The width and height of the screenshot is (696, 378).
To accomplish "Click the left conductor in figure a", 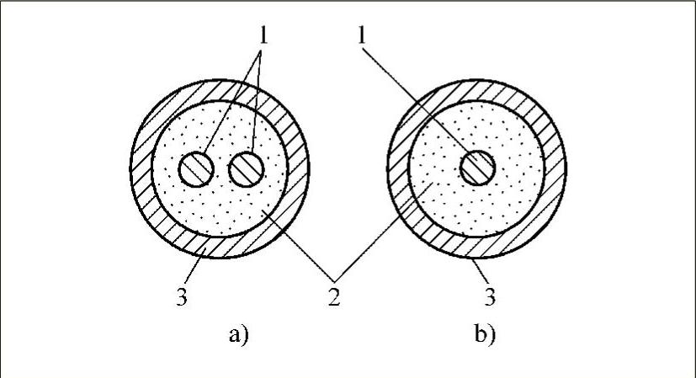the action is click(196, 170).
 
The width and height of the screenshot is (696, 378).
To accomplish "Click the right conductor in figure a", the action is click(247, 170).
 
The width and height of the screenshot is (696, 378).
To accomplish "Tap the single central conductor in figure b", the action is click(478, 168).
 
